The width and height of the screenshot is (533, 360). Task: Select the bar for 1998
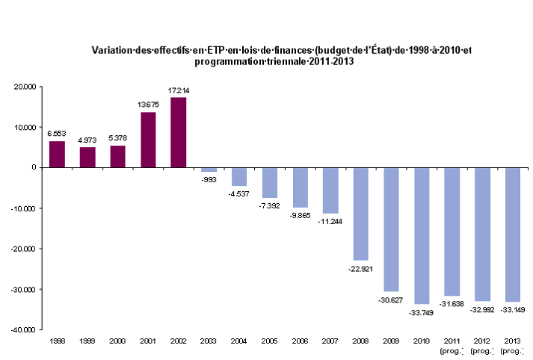tap(58, 154)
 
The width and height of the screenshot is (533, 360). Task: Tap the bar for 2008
tap(361, 214)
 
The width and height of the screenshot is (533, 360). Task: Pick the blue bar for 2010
tap(422, 235)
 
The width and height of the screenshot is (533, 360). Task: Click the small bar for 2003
tap(209, 170)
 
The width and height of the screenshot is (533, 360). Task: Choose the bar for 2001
tap(149, 140)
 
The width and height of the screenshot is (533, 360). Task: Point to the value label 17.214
tap(179, 90)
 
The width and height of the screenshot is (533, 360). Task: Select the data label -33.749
tap(422, 312)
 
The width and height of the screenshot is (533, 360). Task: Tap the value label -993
tap(209, 180)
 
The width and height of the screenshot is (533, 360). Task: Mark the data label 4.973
tap(87, 140)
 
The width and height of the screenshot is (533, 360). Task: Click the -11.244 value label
tap(330, 222)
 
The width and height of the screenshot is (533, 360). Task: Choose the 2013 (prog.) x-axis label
tap(512, 344)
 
